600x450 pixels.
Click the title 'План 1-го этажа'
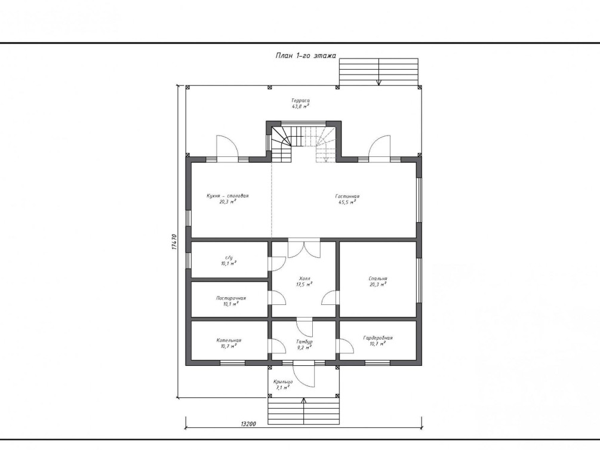click(306, 56)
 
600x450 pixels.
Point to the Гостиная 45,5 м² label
click(347, 199)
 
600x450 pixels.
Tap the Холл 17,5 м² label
click(304, 282)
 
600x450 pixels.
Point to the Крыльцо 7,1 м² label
click(283, 384)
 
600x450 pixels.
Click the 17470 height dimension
click(174, 242)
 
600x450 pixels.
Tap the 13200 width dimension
click(248, 424)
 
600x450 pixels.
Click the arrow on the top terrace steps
click(379, 72)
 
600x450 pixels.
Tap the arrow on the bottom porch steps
click(304, 411)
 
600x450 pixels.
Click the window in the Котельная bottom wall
click(232, 363)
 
